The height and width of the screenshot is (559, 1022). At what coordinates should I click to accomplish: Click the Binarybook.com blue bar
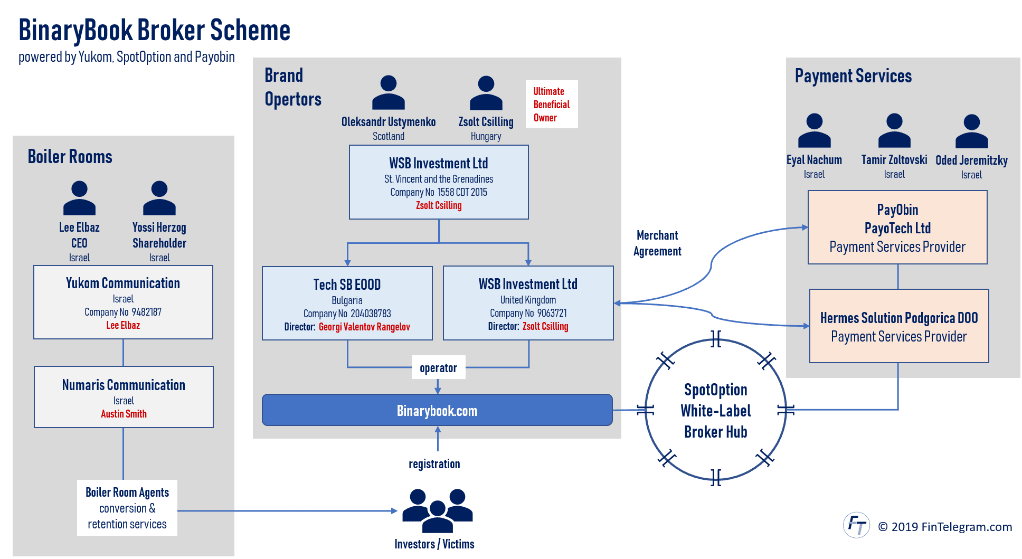[x=437, y=410]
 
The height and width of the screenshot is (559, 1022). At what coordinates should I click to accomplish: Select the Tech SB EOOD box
[x=347, y=303]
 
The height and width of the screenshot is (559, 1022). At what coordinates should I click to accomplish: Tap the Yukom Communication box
[x=123, y=302]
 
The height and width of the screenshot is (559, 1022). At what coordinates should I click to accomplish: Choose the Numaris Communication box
[x=124, y=397]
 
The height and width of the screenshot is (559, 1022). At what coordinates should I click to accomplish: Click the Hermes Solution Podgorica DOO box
[x=899, y=326]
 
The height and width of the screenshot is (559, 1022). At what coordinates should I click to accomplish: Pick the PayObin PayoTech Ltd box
[x=897, y=227]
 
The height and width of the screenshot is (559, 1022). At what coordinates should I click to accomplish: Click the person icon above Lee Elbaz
[x=79, y=198]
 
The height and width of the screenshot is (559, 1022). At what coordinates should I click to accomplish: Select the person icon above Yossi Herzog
[x=159, y=198]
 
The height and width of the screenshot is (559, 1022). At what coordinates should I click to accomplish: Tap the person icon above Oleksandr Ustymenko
[x=389, y=92]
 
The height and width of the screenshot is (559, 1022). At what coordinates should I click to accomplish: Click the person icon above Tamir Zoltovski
[x=894, y=130]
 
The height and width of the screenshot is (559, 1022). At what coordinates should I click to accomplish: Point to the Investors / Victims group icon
[x=437, y=511]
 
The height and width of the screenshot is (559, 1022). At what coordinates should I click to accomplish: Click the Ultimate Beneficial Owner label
[x=552, y=105]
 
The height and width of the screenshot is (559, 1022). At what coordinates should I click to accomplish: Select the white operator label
[x=438, y=368]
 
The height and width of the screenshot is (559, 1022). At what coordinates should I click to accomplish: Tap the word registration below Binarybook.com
[x=434, y=464]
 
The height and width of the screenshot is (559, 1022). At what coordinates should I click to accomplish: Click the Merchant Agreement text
[x=657, y=243]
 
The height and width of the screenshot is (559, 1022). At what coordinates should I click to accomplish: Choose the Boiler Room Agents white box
[x=127, y=508]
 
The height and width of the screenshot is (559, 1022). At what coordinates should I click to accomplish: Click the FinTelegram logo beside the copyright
[x=856, y=525]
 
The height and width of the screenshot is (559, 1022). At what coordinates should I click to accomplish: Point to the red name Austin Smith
[x=124, y=414]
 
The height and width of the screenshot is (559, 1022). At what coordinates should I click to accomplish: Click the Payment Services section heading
[x=853, y=76]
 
